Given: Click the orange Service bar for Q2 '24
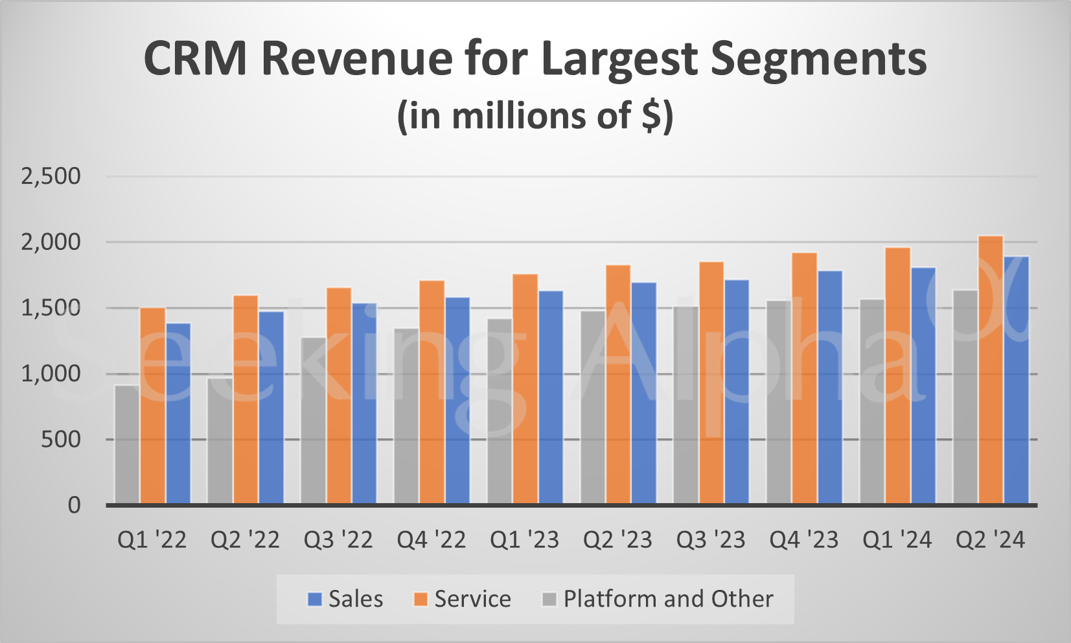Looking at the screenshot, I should click(991, 370).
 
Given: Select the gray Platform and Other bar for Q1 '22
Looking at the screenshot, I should click(127, 445).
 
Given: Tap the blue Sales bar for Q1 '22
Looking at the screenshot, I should click(178, 413).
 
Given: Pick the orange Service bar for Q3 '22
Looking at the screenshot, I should click(339, 396).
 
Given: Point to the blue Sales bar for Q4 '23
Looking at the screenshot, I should click(830, 387).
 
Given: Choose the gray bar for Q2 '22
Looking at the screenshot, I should click(220, 441).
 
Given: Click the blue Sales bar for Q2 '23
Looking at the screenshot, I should click(643, 393).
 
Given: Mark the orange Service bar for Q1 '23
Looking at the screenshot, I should click(525, 389).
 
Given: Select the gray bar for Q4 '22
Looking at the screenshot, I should click(406, 416).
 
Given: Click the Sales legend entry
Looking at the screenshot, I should click(345, 599).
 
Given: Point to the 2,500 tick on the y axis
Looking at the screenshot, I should click(51, 176).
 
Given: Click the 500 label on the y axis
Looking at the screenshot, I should click(60, 440).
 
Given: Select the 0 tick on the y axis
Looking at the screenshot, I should click(74, 505).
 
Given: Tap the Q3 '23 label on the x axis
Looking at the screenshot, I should click(711, 540).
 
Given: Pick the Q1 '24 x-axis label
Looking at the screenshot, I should click(897, 540).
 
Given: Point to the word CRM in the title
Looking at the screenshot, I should click(195, 60).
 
